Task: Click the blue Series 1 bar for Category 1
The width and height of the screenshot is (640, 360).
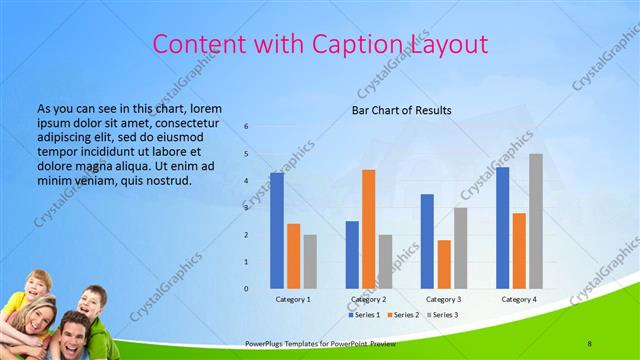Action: tap(277, 231)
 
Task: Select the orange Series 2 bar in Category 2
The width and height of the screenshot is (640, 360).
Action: tap(369, 229)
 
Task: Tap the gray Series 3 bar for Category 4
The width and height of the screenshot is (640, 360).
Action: tap(536, 221)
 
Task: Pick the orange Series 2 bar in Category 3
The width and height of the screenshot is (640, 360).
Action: tap(444, 264)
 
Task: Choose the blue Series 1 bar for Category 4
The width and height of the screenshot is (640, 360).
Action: tap(502, 228)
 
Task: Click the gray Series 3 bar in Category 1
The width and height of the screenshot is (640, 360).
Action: tap(310, 262)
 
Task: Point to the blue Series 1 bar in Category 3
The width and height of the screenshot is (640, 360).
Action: tap(427, 241)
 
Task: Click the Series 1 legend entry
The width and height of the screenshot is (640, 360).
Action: tap(365, 315)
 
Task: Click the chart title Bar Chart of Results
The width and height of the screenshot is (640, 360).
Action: tap(401, 110)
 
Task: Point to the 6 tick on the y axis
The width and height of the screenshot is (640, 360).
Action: tap(247, 127)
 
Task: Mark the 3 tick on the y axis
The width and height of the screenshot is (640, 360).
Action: tap(247, 208)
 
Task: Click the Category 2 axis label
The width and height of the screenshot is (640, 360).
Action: tap(368, 299)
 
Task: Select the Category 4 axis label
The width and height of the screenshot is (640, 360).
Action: tap(518, 299)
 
